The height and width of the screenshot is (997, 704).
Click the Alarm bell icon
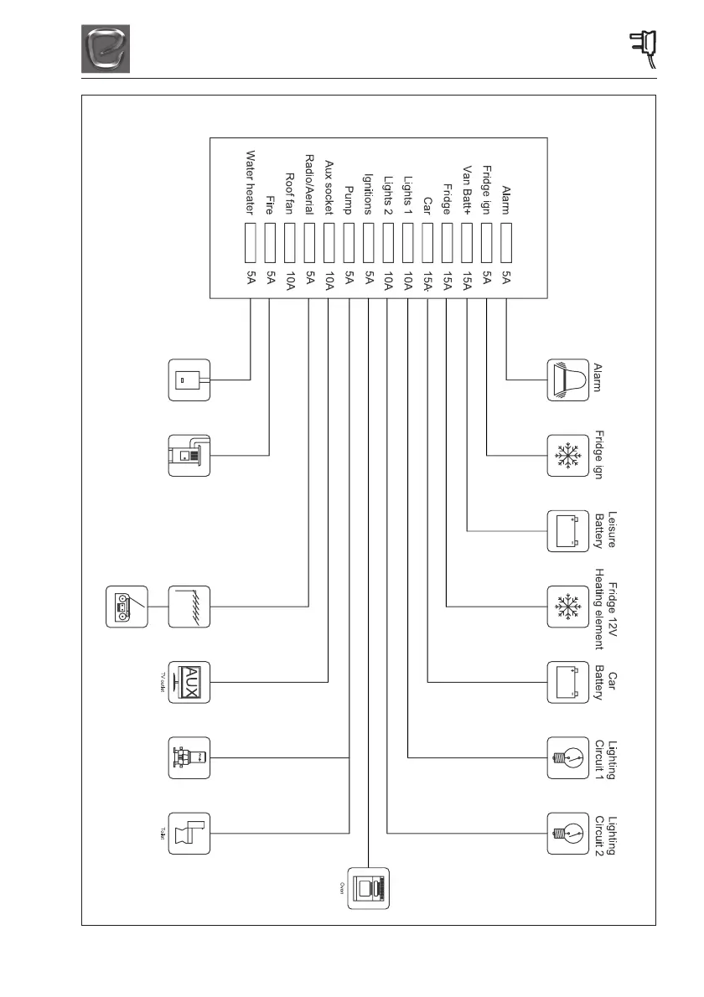pos(567,380)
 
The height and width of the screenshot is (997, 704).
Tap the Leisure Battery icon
pos(567,530)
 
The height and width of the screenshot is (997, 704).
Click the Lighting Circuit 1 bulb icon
pos(567,758)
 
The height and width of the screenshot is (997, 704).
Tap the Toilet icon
pos(190,833)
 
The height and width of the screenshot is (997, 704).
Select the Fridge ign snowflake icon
pos(567,456)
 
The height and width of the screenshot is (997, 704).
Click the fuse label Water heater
pos(250,183)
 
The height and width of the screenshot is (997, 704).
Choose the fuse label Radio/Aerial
pos(309,184)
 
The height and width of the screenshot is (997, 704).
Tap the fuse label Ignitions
pos(368,194)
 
